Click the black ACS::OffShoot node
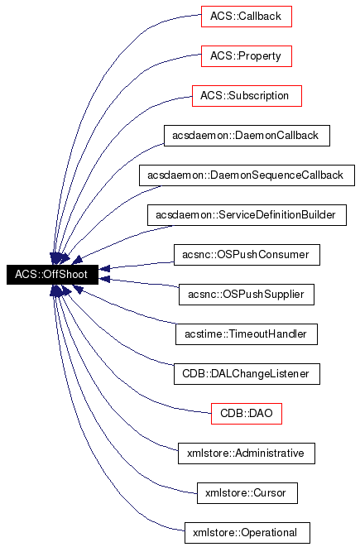click(x=52, y=274)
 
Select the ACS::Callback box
click(x=247, y=16)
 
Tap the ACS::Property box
click(x=247, y=55)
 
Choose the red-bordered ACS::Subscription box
click(x=247, y=95)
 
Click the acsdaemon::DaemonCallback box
click(x=247, y=135)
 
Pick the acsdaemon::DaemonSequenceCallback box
click(x=247, y=175)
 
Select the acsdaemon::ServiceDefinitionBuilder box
click(x=247, y=214)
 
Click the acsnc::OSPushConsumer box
click(x=247, y=254)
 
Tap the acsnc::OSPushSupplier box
click(x=247, y=294)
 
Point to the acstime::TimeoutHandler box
click(x=247, y=333)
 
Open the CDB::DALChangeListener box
click(x=247, y=373)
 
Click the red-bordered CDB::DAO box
click(x=247, y=413)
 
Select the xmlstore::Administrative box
click(x=247, y=453)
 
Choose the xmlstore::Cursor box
click(x=247, y=492)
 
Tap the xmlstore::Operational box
click(x=247, y=532)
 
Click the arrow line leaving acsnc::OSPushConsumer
click(x=141, y=263)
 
